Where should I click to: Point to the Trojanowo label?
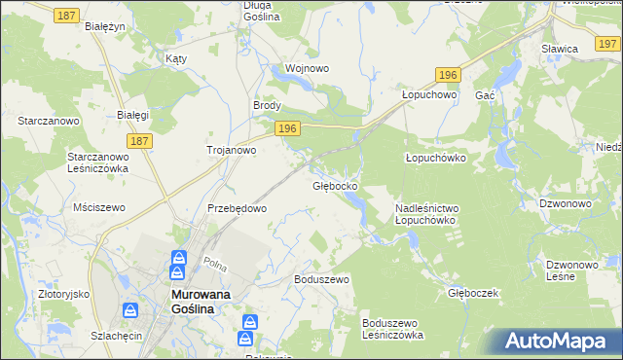[231, 150]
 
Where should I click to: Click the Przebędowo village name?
[237, 208]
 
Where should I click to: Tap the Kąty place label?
[176, 58]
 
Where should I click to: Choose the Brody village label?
[267, 106]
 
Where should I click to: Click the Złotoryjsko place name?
[58, 293]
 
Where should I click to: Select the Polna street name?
[215, 264]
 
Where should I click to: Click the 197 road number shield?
[607, 42]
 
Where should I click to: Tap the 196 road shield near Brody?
[285, 128]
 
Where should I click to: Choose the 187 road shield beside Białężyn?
[66, 16]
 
